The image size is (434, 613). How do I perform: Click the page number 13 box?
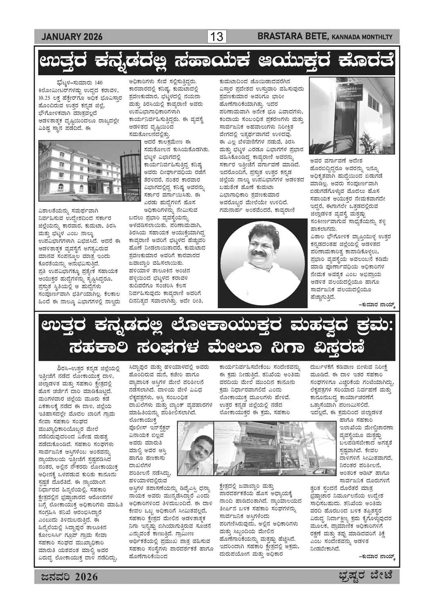(x=216, y=37)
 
